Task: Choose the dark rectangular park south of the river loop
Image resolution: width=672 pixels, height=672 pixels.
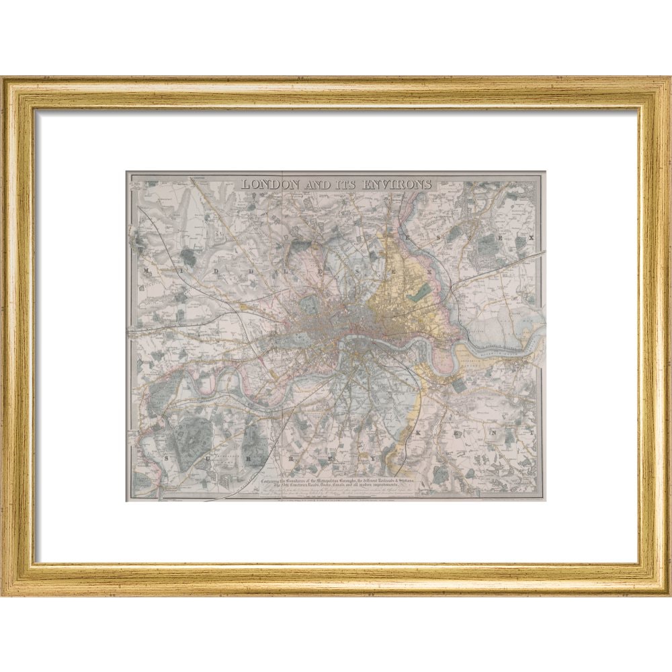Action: pos(459,386)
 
